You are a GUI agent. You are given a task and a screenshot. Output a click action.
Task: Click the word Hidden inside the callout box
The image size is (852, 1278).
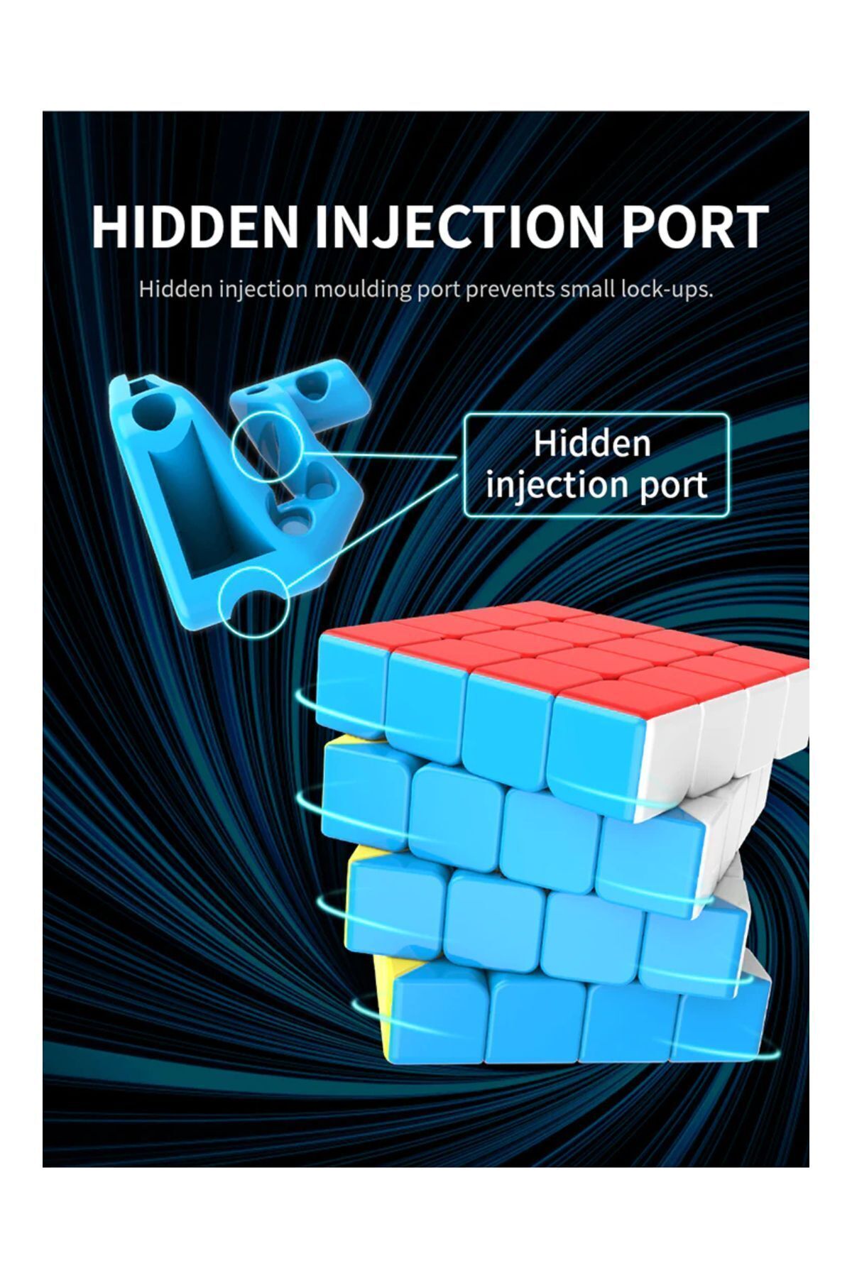click(x=592, y=443)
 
